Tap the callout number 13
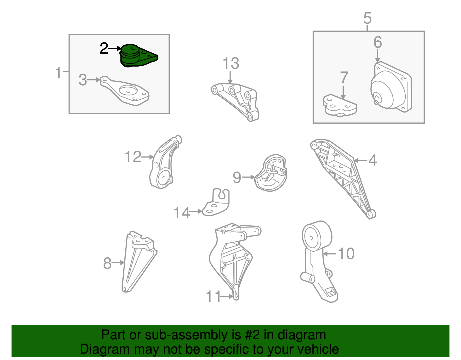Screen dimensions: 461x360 pyautogui.click(x=231, y=63)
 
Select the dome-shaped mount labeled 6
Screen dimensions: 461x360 pyautogui.click(x=391, y=87)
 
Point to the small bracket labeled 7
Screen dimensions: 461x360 pyautogui.click(x=340, y=105)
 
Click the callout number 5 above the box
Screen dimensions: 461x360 pyautogui.click(x=367, y=18)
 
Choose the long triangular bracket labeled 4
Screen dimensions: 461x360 pyautogui.click(x=343, y=179)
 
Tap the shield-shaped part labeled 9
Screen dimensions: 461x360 pyautogui.click(x=271, y=173)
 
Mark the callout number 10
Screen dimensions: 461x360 pyautogui.click(x=346, y=254)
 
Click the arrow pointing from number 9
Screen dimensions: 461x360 pyautogui.click(x=248, y=177)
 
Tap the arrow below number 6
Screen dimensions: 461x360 pyautogui.click(x=377, y=56)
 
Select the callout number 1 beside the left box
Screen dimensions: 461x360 pyautogui.click(x=58, y=73)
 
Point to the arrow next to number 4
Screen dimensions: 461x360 pyautogui.click(x=360, y=161)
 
